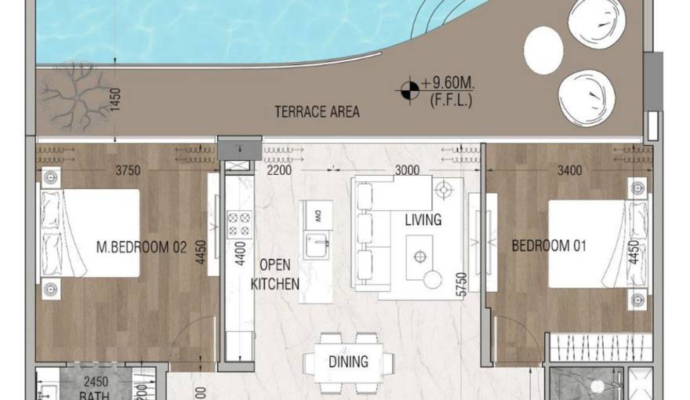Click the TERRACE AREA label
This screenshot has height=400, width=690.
317,111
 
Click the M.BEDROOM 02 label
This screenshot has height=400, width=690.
141,247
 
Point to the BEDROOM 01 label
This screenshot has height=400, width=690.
549,245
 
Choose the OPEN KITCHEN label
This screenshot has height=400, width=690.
274,274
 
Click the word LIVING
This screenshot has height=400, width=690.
423,220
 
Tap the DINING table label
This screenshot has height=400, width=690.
348,362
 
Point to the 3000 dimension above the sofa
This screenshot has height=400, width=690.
406,170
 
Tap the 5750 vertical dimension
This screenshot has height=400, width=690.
462,283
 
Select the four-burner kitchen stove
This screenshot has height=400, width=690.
238,224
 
